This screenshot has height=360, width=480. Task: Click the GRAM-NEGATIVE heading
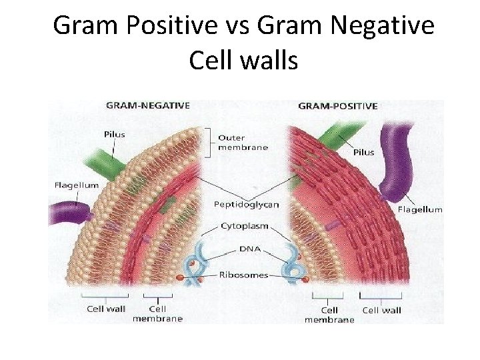tap(148, 105)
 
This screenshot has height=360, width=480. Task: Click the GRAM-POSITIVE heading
tap(337, 105)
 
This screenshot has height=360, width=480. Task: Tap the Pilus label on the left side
tap(115, 134)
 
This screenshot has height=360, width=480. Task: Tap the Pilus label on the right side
tap(364, 152)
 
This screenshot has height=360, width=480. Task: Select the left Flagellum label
tap(77, 185)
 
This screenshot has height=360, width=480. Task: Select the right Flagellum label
tap(420, 209)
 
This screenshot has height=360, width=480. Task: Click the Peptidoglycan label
tap(246, 204)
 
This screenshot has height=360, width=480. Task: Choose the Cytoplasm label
tap(245, 226)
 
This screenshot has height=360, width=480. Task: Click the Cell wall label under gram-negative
tap(106, 309)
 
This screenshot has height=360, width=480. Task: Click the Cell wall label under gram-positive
tap(381, 309)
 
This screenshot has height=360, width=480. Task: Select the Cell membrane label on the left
tap(157, 313)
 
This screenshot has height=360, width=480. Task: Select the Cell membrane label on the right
tap(329, 315)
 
